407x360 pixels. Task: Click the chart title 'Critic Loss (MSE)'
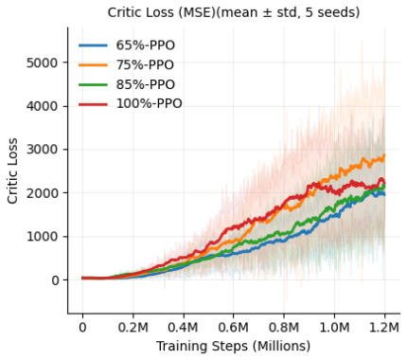(x=163, y=12)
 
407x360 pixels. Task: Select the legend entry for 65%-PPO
(x=127, y=45)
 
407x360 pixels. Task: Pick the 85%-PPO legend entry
(x=127, y=84)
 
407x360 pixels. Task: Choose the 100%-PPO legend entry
(x=131, y=103)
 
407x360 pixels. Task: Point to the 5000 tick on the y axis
(x=43, y=63)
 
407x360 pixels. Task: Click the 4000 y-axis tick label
(x=43, y=106)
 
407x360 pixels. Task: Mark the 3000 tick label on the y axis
(x=43, y=150)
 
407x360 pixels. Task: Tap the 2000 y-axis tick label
(x=43, y=193)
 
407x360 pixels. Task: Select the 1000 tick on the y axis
(x=43, y=237)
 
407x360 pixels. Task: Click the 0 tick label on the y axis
(x=55, y=280)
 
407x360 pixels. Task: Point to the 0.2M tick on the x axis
(x=133, y=328)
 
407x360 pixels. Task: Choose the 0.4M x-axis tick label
(x=183, y=328)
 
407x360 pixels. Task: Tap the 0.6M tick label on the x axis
(x=234, y=328)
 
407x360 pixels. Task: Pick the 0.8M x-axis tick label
(x=284, y=328)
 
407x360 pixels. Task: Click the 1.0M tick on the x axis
(x=334, y=328)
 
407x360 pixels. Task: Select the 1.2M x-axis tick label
(x=384, y=328)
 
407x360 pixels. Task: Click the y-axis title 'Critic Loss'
(x=12, y=171)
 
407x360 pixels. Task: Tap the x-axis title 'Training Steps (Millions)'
(x=234, y=347)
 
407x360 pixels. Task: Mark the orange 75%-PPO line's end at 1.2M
(x=384, y=154)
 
